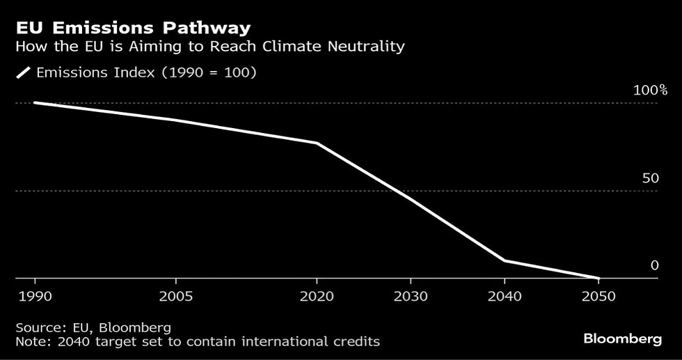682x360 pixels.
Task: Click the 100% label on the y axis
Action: [x=650, y=91]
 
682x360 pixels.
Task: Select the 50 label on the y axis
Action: [x=650, y=178]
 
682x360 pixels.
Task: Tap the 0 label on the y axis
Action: [x=654, y=265]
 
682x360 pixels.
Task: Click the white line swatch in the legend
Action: [x=23, y=72]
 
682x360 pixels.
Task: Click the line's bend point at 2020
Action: [x=317, y=143]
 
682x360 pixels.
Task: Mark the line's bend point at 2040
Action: [x=502, y=260]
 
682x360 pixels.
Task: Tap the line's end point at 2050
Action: [x=598, y=278]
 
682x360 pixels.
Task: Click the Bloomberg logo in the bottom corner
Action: [x=622, y=339]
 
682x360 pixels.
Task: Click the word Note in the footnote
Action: [x=29, y=341]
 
